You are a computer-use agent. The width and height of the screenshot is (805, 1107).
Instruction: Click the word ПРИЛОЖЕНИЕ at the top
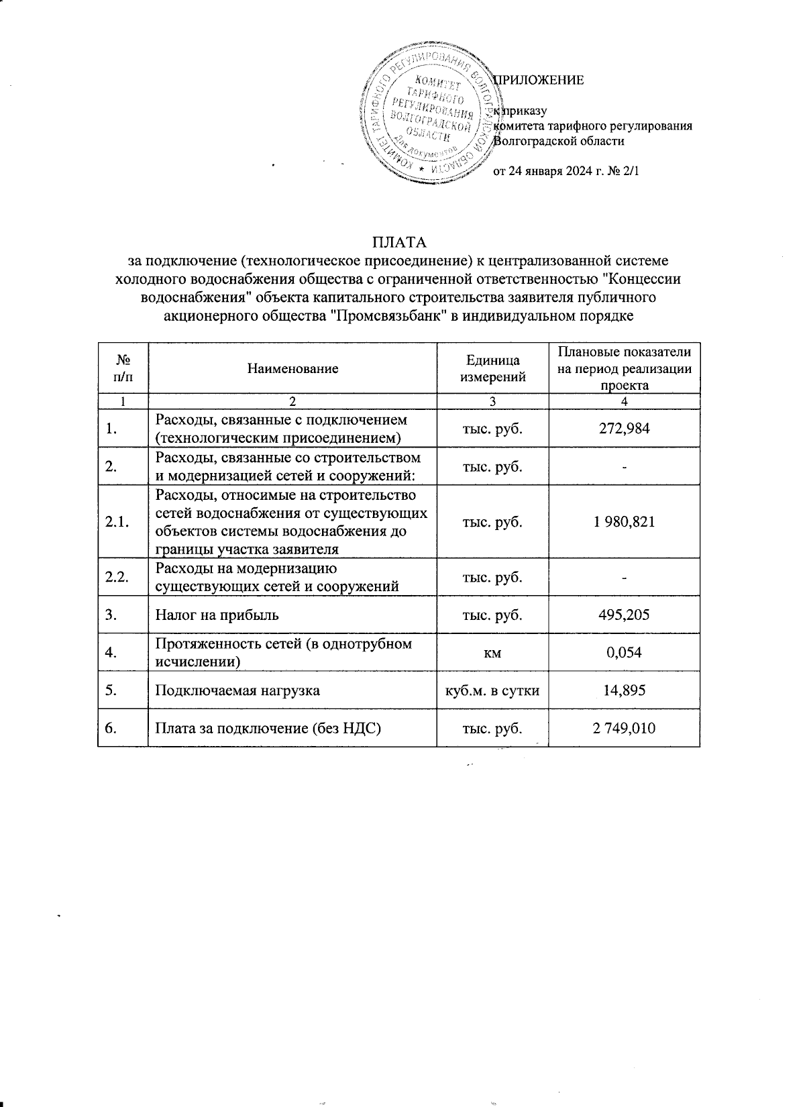539,81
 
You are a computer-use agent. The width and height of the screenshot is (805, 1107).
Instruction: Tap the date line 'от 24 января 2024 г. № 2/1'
567,171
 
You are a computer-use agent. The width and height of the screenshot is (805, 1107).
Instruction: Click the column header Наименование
292,368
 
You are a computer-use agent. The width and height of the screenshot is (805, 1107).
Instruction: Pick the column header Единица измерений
492,368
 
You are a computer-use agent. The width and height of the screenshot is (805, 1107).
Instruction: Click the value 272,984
624,428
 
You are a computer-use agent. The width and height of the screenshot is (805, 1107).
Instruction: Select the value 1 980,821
624,522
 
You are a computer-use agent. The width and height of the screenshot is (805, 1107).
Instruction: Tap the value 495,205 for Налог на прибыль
624,615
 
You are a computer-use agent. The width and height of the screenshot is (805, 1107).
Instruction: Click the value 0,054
624,652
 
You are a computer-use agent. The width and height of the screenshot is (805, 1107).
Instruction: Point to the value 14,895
624,690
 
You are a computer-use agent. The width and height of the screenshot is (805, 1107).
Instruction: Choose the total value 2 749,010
624,728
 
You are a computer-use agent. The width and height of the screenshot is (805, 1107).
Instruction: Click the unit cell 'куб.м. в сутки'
492,690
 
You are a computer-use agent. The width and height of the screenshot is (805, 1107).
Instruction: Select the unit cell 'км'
492,652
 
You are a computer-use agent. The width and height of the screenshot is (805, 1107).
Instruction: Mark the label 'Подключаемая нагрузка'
237,690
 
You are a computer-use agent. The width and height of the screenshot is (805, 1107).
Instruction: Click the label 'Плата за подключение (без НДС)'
268,728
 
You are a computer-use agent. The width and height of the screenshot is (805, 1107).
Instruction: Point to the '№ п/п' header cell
123,368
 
